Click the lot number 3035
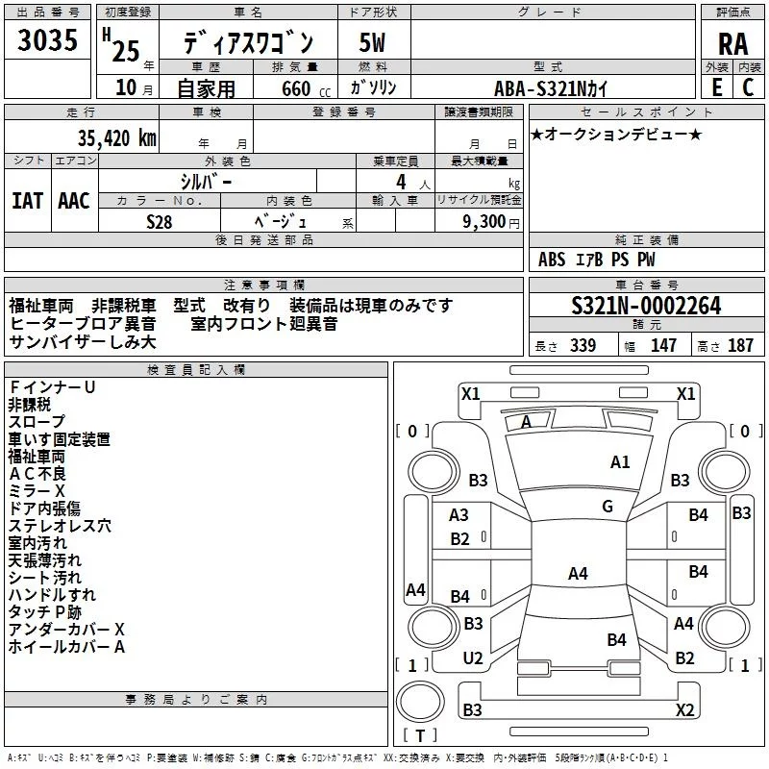48,41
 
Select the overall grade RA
732,42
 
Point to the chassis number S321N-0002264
646,307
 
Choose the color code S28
160,221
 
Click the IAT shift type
28,201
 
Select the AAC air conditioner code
74,201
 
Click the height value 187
740,346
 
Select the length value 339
583,346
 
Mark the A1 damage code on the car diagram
620,462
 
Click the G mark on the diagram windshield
608,507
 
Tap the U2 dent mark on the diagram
473,658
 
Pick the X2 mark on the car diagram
684,710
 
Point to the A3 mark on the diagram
459,515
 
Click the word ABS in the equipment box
552,260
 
